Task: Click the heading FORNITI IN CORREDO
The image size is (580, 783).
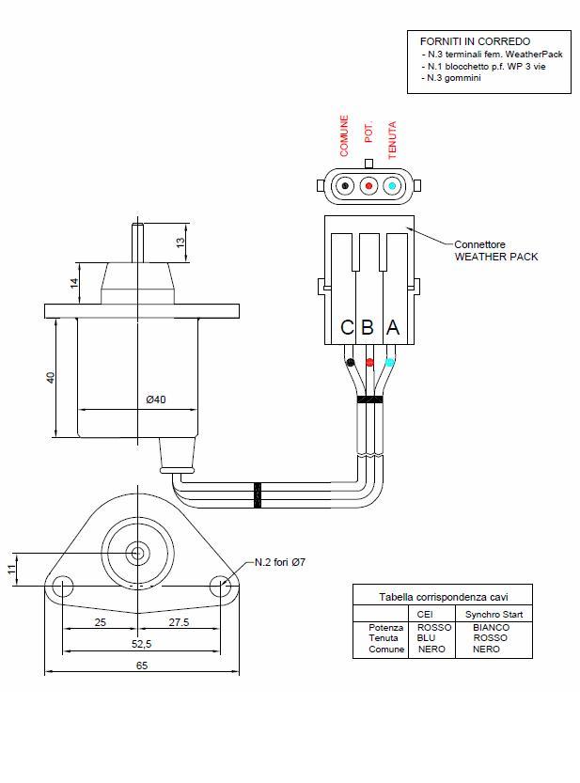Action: [x=475, y=41]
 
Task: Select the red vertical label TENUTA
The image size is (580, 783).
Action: [x=392, y=139]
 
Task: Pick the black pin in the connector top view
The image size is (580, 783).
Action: [x=346, y=186]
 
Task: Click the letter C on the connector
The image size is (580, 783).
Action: [x=347, y=327]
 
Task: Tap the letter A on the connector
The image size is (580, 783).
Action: [x=393, y=327]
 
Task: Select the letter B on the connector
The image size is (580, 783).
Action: [x=368, y=327]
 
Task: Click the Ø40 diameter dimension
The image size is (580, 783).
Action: [x=156, y=399]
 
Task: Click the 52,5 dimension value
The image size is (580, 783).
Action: [x=141, y=643]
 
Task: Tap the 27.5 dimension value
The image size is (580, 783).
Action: [x=179, y=622]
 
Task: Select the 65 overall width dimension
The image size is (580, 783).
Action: [x=141, y=665]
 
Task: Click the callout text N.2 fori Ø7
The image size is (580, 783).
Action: [x=280, y=562]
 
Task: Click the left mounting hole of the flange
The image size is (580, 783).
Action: [x=63, y=588]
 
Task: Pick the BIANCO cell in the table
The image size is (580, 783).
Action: [x=491, y=627]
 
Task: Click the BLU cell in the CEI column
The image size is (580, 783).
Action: [x=426, y=637]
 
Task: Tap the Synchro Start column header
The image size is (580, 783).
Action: [x=494, y=614]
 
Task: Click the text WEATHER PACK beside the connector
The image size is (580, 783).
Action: [x=496, y=257]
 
